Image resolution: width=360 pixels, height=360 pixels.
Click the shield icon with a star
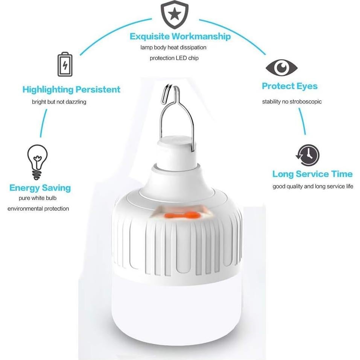(x=174, y=15)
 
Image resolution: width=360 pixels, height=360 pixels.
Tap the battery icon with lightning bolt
(x=65, y=64)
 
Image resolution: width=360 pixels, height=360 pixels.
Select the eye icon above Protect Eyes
(x=281, y=68)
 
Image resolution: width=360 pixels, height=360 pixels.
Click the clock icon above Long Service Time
(x=308, y=155)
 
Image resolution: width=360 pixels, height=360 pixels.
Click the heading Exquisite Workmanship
(x=180, y=36)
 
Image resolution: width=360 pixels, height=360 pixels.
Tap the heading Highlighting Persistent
(x=71, y=90)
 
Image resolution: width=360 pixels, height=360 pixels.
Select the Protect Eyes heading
(x=290, y=86)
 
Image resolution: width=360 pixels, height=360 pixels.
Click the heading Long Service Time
(x=312, y=174)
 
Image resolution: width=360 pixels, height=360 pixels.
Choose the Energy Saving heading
(x=40, y=188)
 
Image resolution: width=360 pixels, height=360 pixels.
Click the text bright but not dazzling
(x=59, y=102)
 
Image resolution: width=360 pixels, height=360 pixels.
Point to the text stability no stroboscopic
(x=292, y=102)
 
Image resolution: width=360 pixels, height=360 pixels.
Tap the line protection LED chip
(x=174, y=58)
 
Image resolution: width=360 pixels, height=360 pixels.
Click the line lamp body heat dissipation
(x=173, y=47)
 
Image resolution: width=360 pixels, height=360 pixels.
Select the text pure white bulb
(x=38, y=198)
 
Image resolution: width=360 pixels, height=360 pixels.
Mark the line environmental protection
(x=38, y=208)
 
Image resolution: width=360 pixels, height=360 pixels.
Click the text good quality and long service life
(x=313, y=187)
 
